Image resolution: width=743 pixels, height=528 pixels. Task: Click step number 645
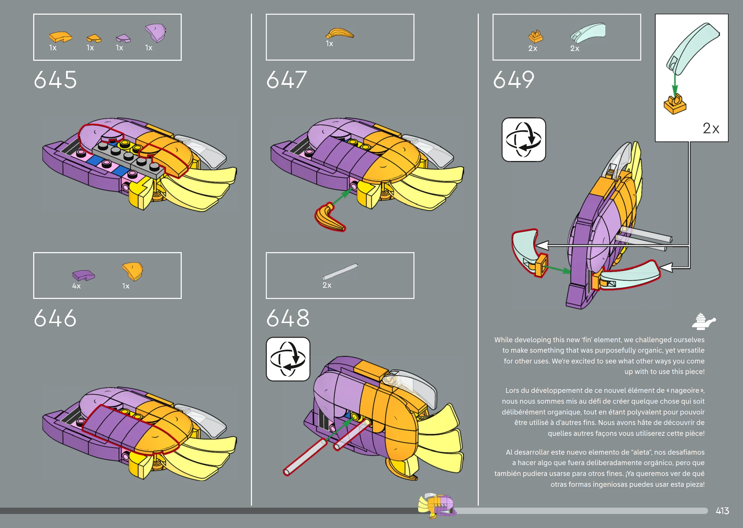pyautogui.click(x=55, y=80)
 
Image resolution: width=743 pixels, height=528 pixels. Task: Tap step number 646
pyautogui.click(x=55, y=318)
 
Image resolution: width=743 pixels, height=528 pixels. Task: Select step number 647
pyautogui.click(x=287, y=80)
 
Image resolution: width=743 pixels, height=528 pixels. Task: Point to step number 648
pyautogui.click(x=288, y=318)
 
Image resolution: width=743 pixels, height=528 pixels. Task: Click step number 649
pyautogui.click(x=514, y=80)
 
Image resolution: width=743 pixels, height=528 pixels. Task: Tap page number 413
pyautogui.click(x=722, y=511)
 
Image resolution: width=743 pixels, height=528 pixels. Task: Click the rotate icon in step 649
pyautogui.click(x=524, y=140)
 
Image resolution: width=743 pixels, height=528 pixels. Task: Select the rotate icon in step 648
pyautogui.click(x=288, y=359)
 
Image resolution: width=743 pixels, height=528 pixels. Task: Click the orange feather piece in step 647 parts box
pyautogui.click(x=339, y=34)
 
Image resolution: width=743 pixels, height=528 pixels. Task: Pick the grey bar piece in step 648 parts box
pyautogui.click(x=340, y=271)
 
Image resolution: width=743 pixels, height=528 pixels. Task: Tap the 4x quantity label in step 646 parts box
pyautogui.click(x=76, y=286)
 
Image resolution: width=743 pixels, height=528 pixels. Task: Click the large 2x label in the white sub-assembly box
pyautogui.click(x=711, y=128)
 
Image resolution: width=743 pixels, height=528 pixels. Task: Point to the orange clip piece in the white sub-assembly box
pyautogui.click(x=675, y=104)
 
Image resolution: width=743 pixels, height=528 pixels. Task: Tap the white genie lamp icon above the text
pyautogui.click(x=704, y=322)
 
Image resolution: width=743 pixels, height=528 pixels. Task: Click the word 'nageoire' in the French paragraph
pyautogui.click(x=685, y=390)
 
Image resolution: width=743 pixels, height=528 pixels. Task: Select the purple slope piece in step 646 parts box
pyautogui.click(x=84, y=275)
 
